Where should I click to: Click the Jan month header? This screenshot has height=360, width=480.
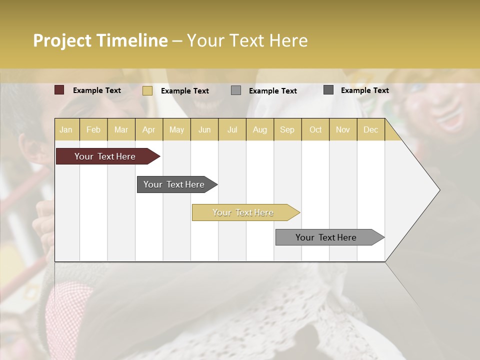coord(66,129)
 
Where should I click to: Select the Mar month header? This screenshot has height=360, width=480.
coord(121,129)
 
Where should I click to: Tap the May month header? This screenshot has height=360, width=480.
coord(176,129)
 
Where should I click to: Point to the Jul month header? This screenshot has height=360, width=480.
coord(232,129)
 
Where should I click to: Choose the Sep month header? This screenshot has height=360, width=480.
coord(287,129)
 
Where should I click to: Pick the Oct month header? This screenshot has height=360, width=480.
coord(315,129)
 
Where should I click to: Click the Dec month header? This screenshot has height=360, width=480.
coord(370,129)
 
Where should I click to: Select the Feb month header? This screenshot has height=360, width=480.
coord(93,129)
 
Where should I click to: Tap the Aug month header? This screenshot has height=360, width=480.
coord(259,129)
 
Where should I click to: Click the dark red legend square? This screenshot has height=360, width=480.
coord(59,90)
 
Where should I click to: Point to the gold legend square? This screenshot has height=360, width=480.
coord(147,90)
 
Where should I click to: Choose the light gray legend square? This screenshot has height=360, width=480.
coord(236,90)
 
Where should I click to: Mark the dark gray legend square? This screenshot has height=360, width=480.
coord(328,90)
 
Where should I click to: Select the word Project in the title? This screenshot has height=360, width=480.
coord(62,40)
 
